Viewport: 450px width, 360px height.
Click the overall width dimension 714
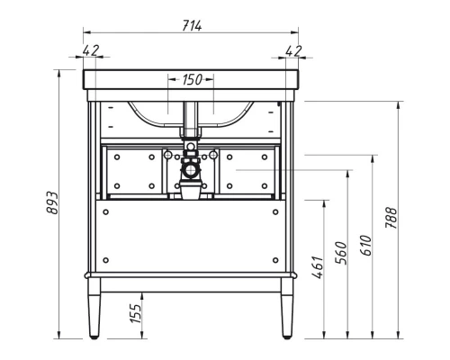[191, 25]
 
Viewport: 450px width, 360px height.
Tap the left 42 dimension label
[91, 50]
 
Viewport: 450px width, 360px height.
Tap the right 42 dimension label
[292, 50]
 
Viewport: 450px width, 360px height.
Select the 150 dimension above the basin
[192, 79]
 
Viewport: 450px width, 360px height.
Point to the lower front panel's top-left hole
[106, 211]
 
